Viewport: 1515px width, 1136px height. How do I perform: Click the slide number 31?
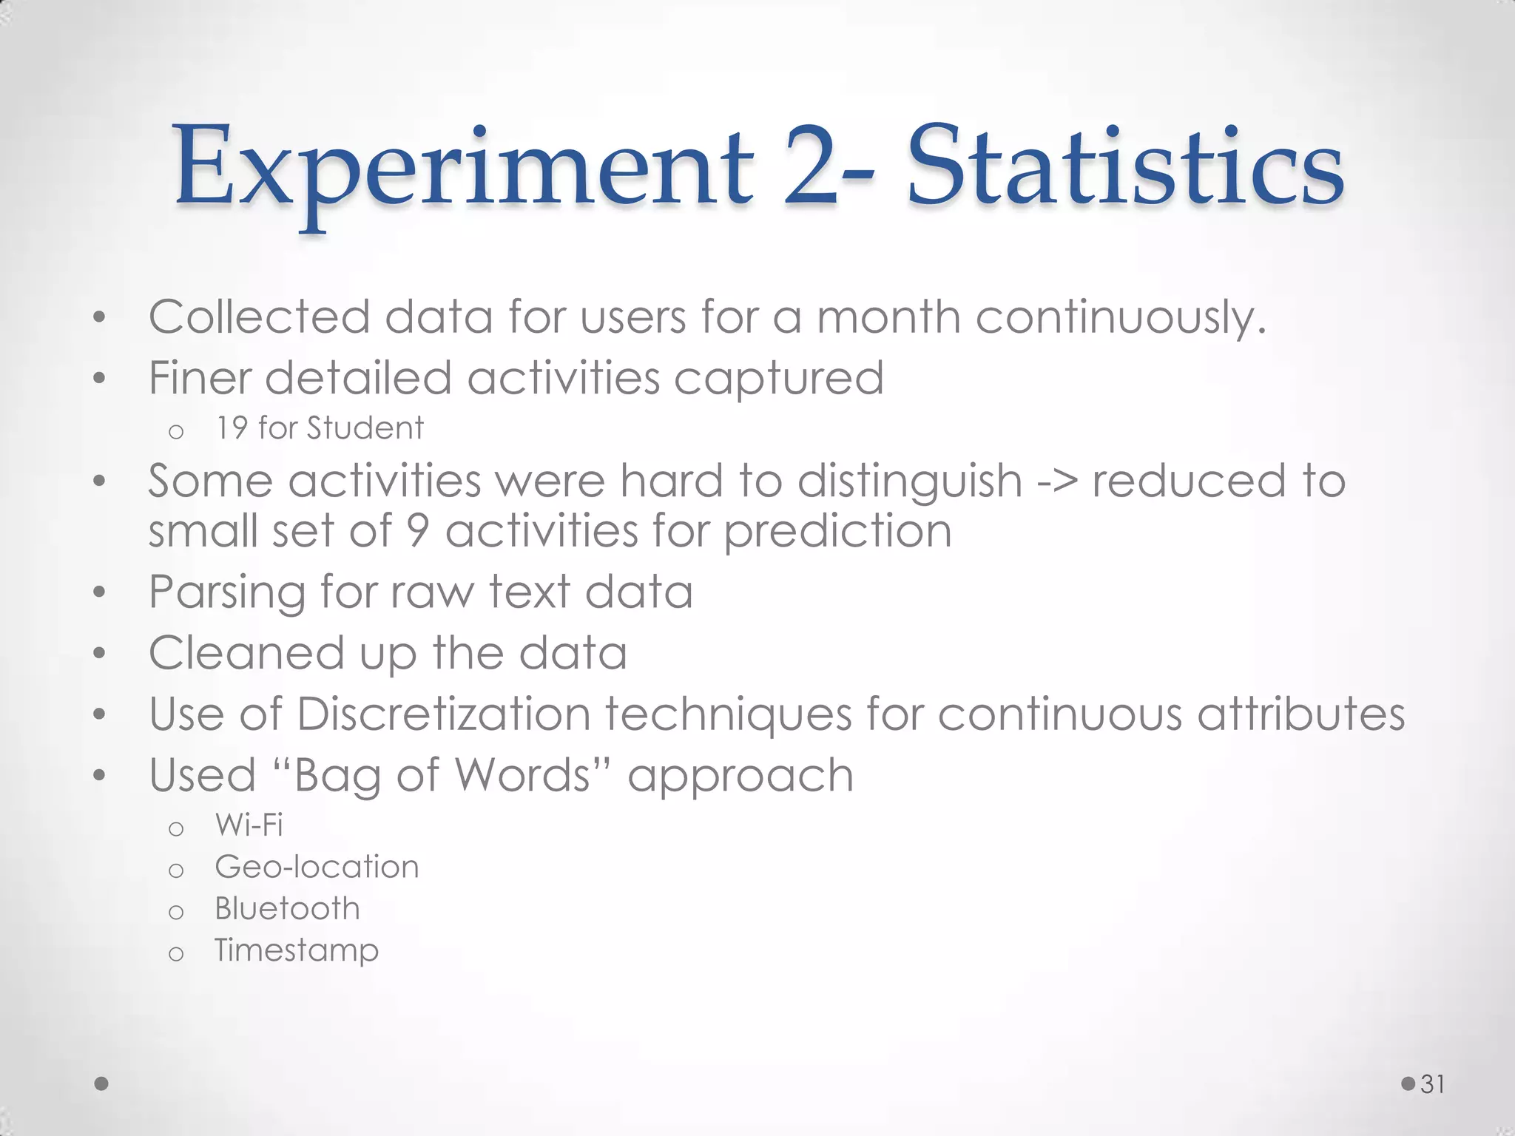tap(1433, 1083)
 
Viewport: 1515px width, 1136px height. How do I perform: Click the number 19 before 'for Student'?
tap(231, 428)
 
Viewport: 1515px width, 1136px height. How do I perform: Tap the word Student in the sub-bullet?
tap(365, 428)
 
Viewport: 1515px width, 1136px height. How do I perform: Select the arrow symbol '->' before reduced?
tap(1057, 481)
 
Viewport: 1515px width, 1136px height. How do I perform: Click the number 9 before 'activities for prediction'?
tap(419, 531)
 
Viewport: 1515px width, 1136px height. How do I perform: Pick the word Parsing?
tap(226, 592)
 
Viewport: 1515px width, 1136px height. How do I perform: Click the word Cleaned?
tap(246, 653)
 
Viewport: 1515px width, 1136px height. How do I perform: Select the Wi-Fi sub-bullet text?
tap(249, 825)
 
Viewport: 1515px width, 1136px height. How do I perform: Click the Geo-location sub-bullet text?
tap(317, 867)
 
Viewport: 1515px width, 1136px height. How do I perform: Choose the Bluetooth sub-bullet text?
tap(287, 908)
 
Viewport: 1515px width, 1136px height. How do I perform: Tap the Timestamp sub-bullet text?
tap(296, 950)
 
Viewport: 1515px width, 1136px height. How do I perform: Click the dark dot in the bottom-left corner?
tap(102, 1083)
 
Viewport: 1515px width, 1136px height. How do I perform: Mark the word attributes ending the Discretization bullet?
tap(1300, 714)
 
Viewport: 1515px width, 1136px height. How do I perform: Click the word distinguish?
tap(910, 481)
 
